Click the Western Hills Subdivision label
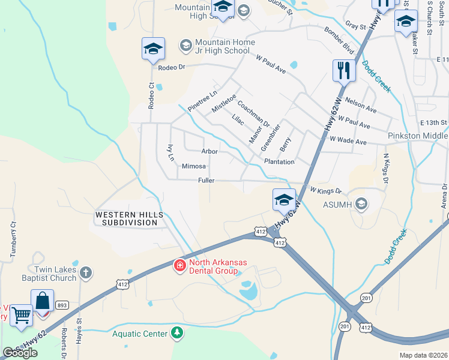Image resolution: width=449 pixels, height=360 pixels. [126, 218]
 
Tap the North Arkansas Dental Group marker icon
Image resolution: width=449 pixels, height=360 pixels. [179, 265]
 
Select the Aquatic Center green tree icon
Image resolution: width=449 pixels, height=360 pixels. [176, 332]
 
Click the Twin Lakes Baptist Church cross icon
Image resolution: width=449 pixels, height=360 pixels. [86, 273]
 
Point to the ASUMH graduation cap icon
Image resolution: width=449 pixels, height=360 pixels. [361, 205]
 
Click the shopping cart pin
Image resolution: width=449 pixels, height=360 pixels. [22, 314]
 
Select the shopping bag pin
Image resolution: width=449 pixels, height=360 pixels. [43, 300]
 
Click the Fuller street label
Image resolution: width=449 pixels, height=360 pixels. [206, 180]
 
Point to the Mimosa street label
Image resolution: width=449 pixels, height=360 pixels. [194, 166]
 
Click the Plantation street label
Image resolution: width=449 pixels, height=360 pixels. [279, 162]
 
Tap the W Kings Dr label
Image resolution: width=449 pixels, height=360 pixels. [325, 191]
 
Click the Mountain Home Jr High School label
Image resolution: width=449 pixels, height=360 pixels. [222, 47]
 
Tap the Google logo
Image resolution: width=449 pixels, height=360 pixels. [20, 353]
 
